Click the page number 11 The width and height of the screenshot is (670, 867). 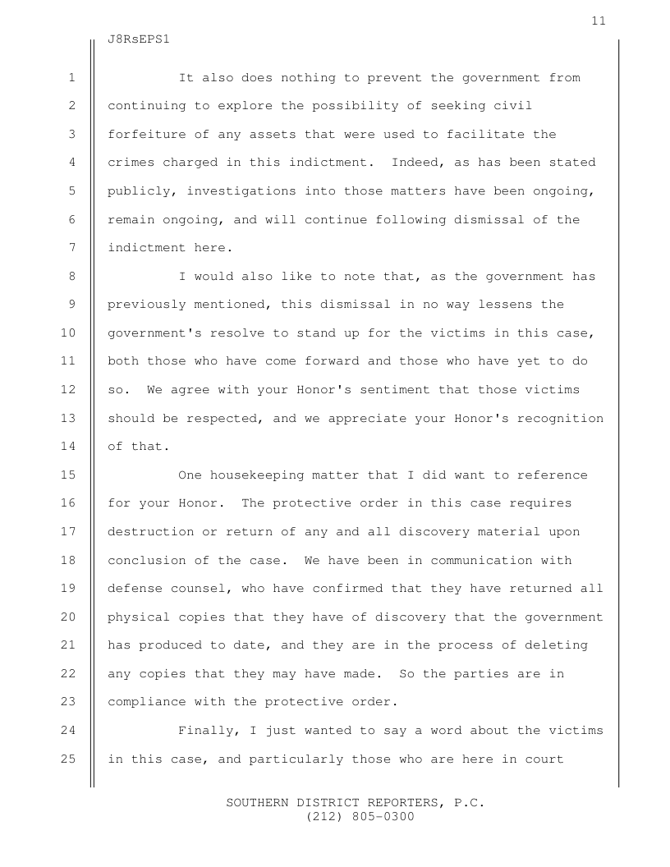598,21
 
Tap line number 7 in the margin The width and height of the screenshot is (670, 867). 72,248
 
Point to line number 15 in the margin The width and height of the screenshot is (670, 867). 69,475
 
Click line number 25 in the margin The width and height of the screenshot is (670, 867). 69,759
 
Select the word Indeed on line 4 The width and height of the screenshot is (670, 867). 418,163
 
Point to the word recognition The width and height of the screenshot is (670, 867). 560,419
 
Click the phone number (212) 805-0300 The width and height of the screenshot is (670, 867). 360,817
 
